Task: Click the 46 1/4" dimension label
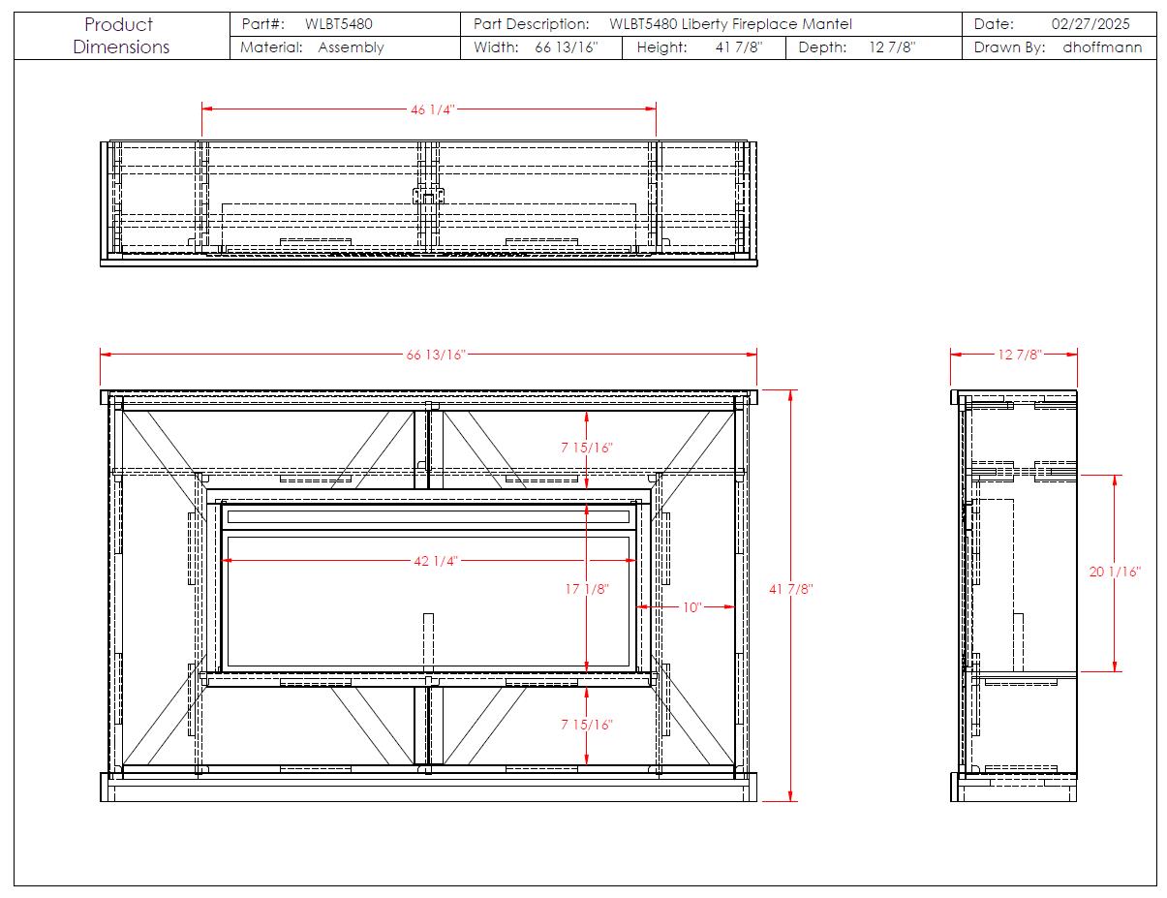pyautogui.click(x=432, y=109)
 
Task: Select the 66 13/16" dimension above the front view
pyautogui.click(x=436, y=355)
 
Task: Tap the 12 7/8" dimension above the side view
pyautogui.click(x=1020, y=355)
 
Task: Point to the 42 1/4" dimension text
pyautogui.click(x=436, y=561)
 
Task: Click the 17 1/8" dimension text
pyautogui.click(x=587, y=589)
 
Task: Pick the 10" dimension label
pyautogui.click(x=691, y=607)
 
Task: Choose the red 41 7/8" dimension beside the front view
pyautogui.click(x=790, y=589)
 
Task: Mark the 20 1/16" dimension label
pyautogui.click(x=1115, y=572)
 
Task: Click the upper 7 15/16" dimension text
pyautogui.click(x=587, y=448)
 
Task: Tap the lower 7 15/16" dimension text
pyautogui.click(x=587, y=725)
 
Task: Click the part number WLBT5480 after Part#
pyautogui.click(x=338, y=24)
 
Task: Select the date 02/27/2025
pyautogui.click(x=1090, y=24)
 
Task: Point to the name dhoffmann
pyautogui.click(x=1102, y=47)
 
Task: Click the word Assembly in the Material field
pyautogui.click(x=351, y=47)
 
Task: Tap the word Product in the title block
pyautogui.click(x=119, y=25)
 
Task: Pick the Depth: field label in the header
pyautogui.click(x=822, y=47)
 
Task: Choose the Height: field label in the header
pyautogui.click(x=661, y=47)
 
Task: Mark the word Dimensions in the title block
pyautogui.click(x=121, y=47)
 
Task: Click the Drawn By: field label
pyautogui.click(x=1009, y=47)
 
